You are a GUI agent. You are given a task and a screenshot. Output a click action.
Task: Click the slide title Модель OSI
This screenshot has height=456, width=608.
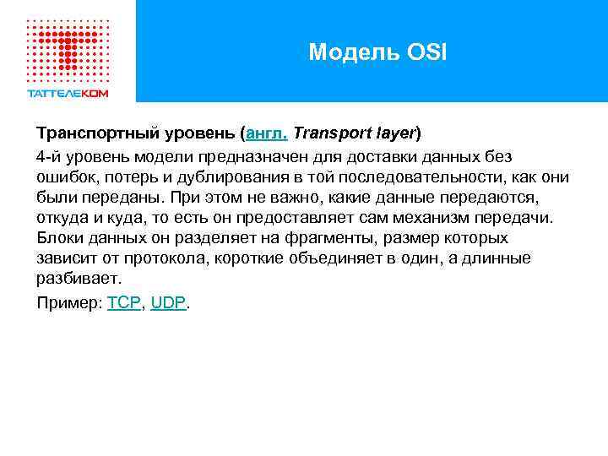click(x=377, y=52)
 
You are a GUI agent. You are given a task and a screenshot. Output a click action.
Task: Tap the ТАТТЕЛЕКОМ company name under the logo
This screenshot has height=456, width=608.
click(x=68, y=94)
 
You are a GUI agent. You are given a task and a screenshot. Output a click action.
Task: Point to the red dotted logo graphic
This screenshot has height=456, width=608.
click(x=68, y=47)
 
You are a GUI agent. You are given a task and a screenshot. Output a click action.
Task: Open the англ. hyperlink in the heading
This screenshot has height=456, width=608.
click(x=266, y=134)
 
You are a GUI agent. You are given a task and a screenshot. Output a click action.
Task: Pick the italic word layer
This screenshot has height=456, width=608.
click(x=394, y=134)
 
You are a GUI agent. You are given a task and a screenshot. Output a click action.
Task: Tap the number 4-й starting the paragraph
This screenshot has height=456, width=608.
click(x=48, y=157)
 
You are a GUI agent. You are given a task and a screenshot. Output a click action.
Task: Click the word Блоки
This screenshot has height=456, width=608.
click(x=57, y=238)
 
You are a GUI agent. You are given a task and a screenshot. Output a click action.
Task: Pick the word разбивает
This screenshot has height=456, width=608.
click(x=78, y=279)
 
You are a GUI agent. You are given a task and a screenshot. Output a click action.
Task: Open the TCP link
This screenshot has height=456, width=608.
click(x=124, y=303)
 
